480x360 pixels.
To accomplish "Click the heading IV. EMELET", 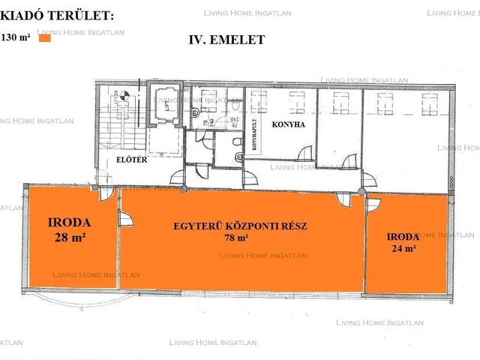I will pos(226,40).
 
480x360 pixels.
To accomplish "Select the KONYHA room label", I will pos(288,125).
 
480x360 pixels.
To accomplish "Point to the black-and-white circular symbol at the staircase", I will pos(125,95).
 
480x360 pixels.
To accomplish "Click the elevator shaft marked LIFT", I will pos(162,109).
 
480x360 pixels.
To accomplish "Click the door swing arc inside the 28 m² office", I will pos(126,219).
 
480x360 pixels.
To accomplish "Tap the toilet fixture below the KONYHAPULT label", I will pos(237,156).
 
